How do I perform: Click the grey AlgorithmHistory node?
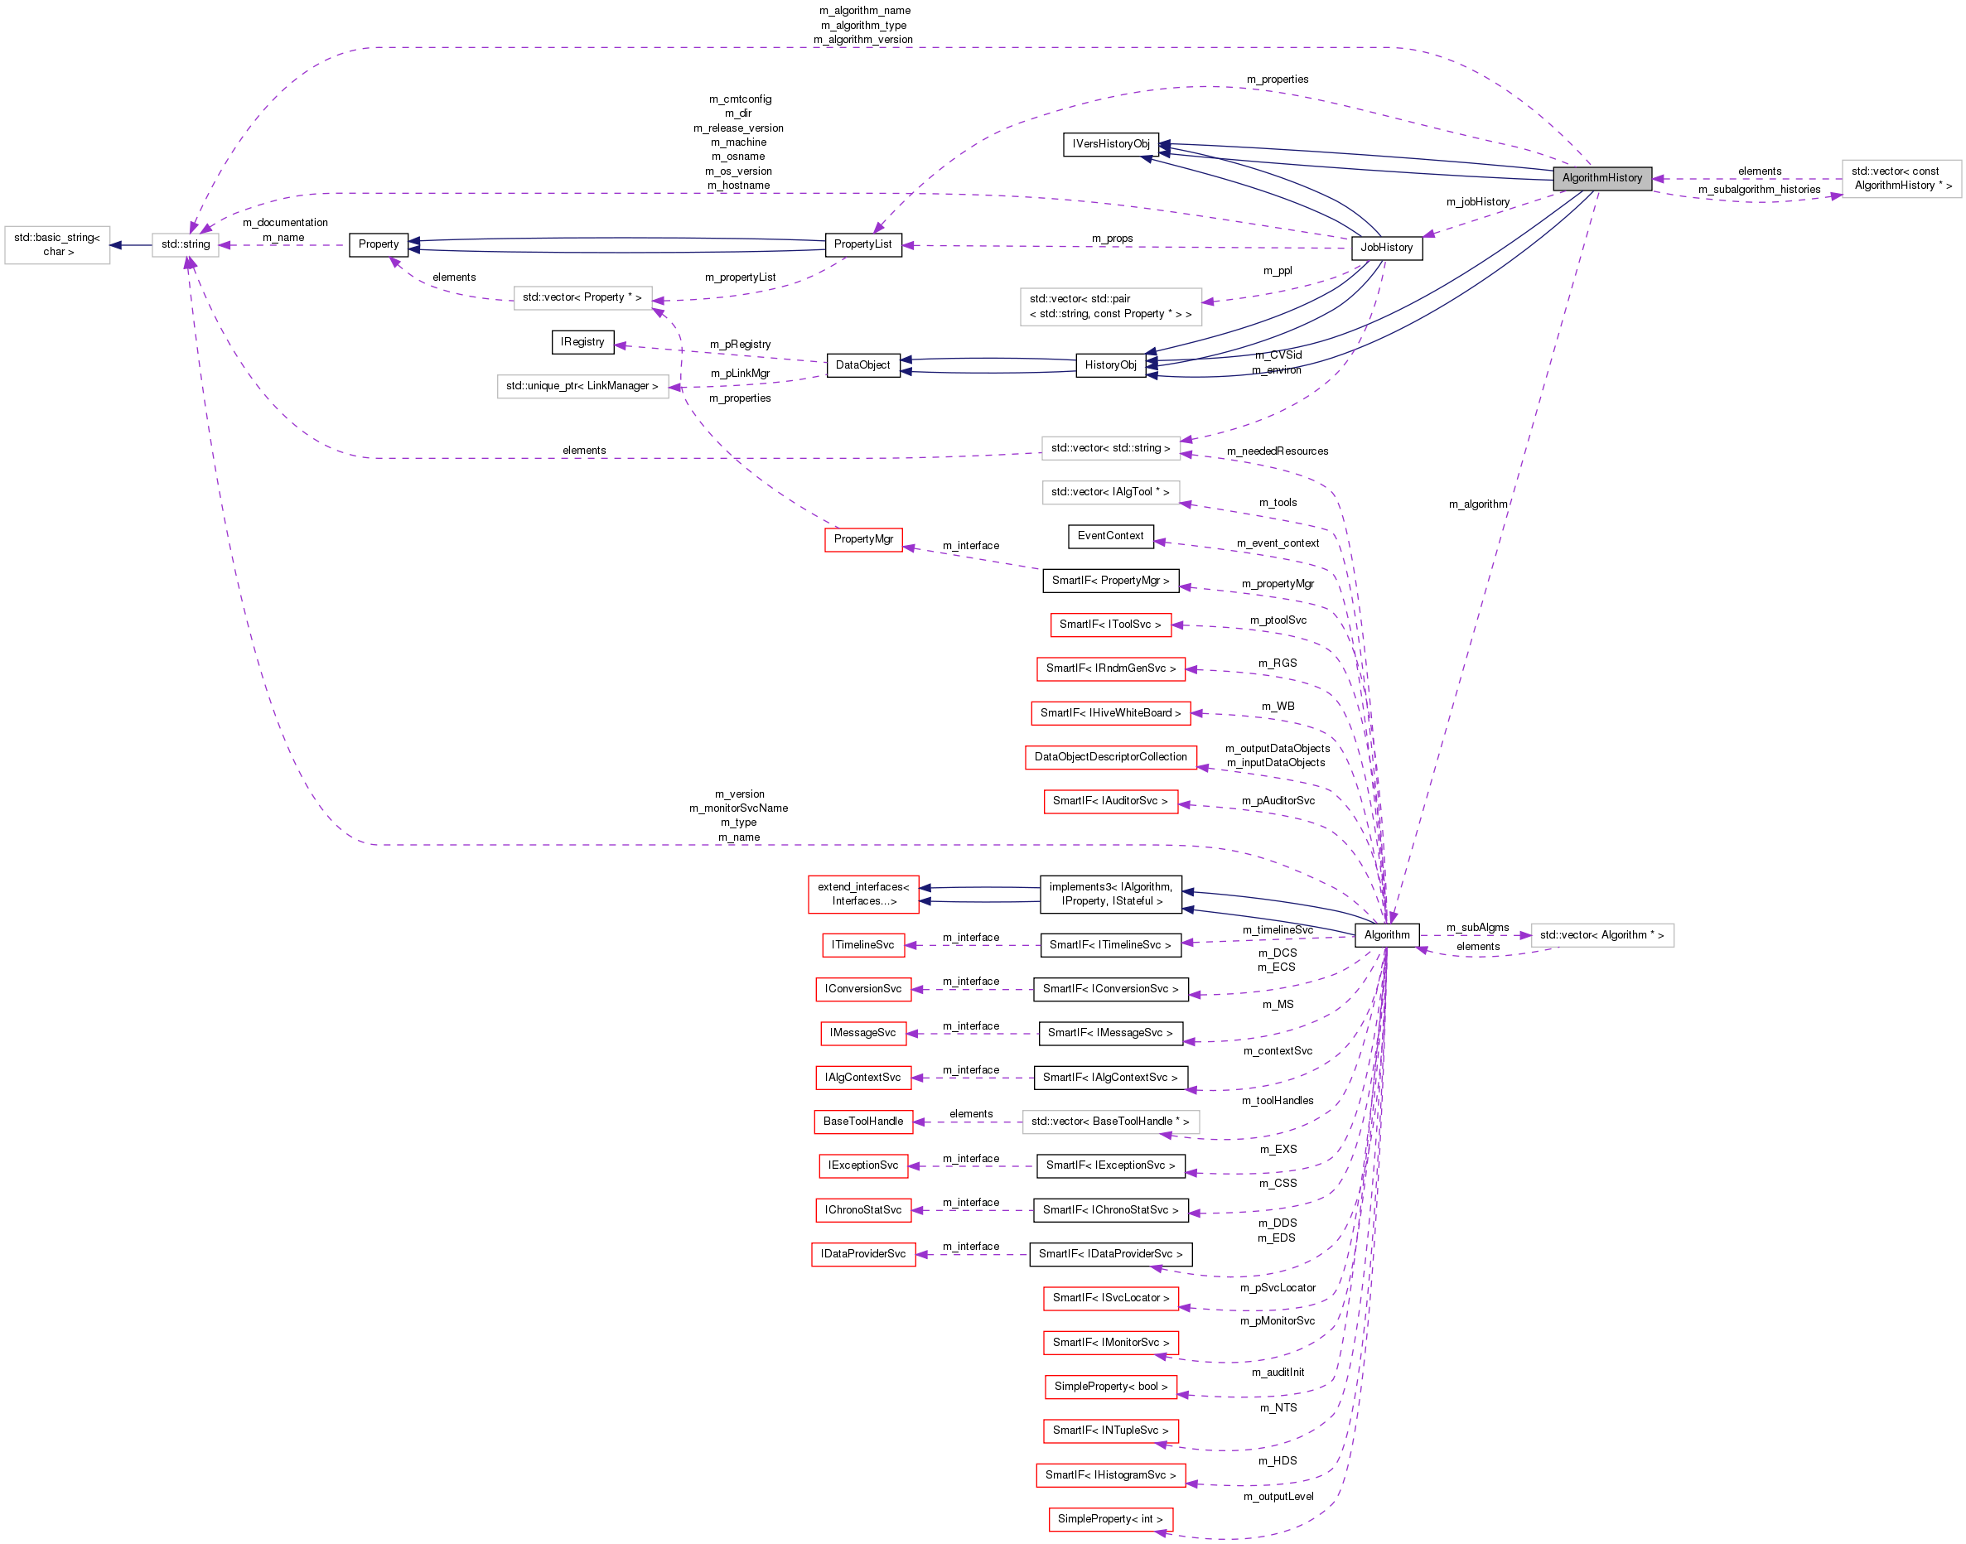[x=1601, y=178]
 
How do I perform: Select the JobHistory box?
[x=1386, y=248]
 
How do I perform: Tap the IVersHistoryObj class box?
[x=1110, y=145]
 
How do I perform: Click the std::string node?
[x=186, y=244]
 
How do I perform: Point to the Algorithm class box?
[x=1386, y=934]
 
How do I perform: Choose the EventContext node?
[x=1110, y=536]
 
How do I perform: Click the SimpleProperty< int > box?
[x=1109, y=1518]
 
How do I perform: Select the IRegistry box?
[x=582, y=343]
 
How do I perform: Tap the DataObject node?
[x=862, y=365]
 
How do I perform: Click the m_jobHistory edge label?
[x=1477, y=202]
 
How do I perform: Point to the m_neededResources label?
[x=1277, y=451]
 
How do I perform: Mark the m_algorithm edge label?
[x=1477, y=504]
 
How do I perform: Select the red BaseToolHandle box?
[x=862, y=1121]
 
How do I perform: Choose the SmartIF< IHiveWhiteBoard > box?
[x=1109, y=713]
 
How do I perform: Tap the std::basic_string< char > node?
[x=57, y=245]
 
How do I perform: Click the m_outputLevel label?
[x=1278, y=1496]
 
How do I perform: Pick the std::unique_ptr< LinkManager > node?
[x=582, y=386]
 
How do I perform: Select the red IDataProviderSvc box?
[x=862, y=1254]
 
